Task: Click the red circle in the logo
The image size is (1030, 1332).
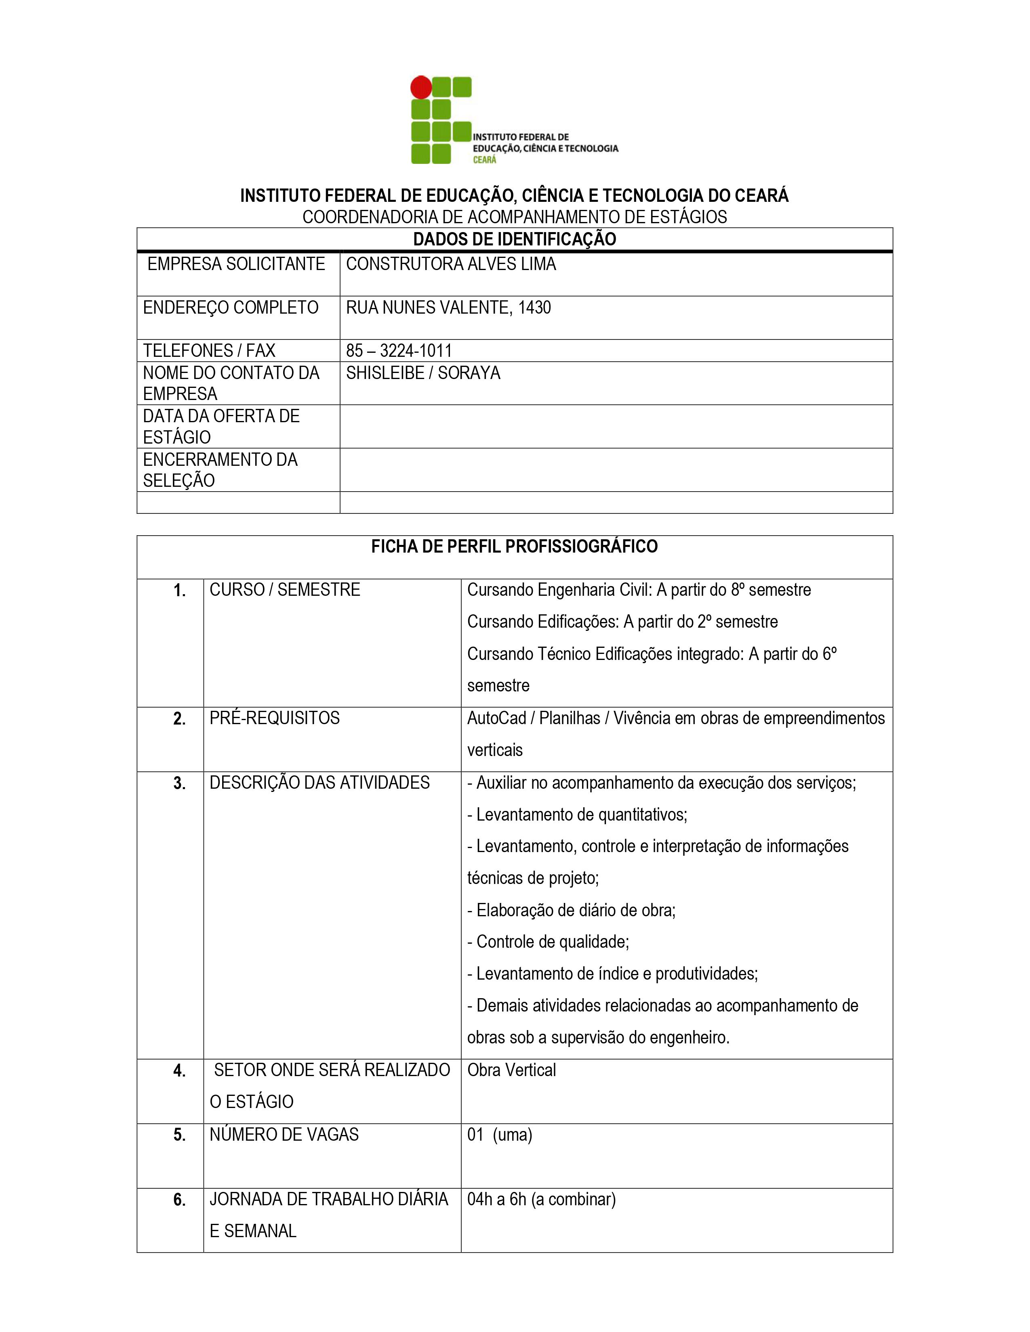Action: pos(420,87)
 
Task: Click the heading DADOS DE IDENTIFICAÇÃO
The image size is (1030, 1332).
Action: pos(514,239)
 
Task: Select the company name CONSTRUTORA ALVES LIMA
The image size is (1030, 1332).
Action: pos(451,264)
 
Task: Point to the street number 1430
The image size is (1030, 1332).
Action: pos(534,308)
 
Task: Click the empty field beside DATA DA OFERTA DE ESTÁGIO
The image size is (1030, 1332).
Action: pos(616,426)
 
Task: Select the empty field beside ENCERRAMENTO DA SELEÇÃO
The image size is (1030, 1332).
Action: pos(616,469)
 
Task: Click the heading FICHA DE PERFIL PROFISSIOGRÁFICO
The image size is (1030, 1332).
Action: pos(514,547)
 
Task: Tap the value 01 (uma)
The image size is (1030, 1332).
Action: pos(499,1135)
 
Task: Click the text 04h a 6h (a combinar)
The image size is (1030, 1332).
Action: pos(541,1200)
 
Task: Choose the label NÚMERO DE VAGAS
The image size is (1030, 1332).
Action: pos(284,1135)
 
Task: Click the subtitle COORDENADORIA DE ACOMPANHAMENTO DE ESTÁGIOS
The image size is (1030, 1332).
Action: pos(514,217)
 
